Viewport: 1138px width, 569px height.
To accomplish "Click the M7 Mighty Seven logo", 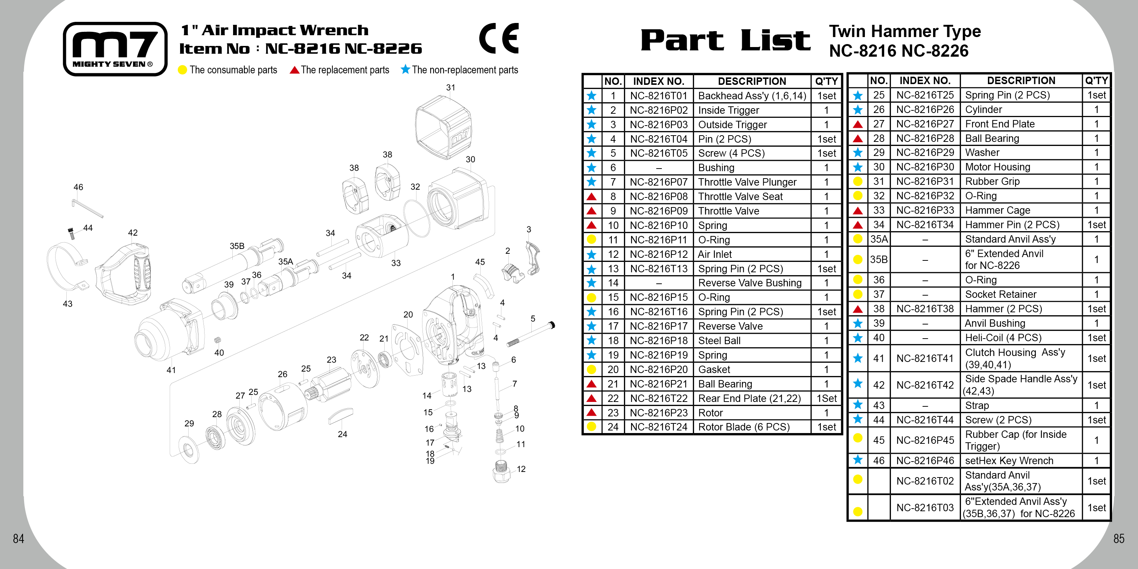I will click(x=115, y=49).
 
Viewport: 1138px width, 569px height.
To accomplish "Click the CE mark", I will click(x=499, y=39).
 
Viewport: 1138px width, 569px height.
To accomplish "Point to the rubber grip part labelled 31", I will click(x=443, y=126).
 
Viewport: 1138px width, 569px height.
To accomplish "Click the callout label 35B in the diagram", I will click(x=237, y=246).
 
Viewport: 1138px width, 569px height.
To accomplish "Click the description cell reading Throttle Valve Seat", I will click(x=740, y=197).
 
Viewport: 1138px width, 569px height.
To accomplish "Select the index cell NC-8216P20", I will click(x=659, y=370).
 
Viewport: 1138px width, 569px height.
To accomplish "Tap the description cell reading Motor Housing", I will click(x=997, y=167).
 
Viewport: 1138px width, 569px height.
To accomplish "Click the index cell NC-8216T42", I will click(x=925, y=385).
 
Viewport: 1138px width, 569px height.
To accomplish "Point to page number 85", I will click(x=1119, y=539).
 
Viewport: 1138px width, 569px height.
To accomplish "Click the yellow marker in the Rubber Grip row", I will click(x=857, y=182).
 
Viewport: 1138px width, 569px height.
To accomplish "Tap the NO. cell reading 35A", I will click(x=879, y=239).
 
